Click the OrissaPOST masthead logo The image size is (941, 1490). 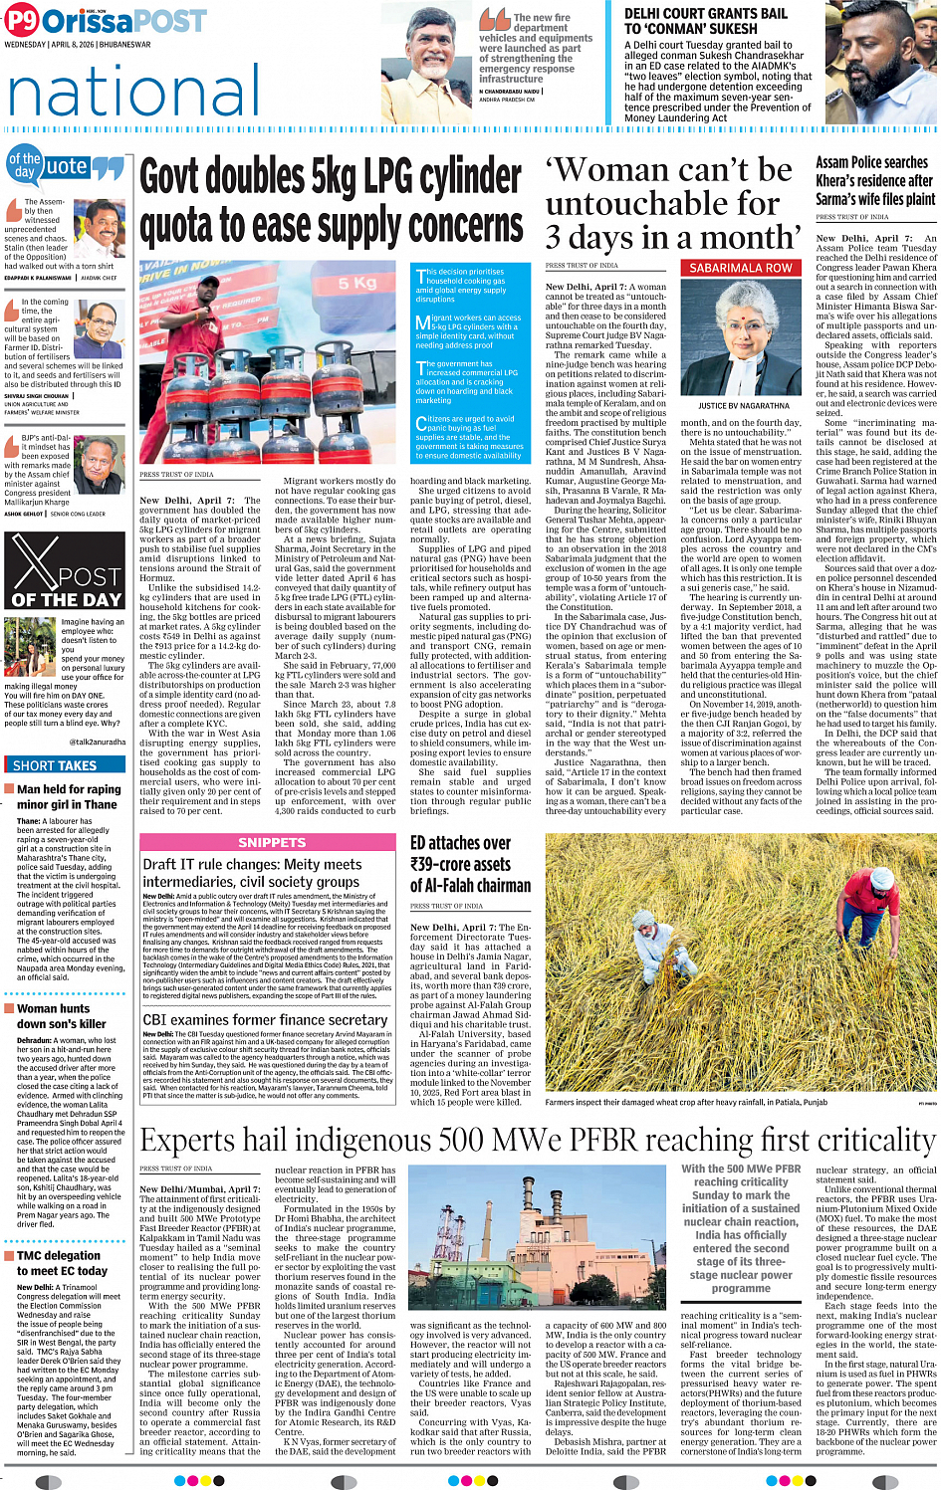click(105, 20)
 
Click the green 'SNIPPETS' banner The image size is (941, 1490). click(271, 842)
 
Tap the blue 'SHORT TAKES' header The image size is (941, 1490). click(55, 765)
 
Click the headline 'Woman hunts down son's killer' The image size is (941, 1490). click(61, 1016)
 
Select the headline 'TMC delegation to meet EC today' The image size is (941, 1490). click(61, 1263)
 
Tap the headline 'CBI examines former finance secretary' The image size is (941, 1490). click(264, 1020)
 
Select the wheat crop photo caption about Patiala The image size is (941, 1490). click(685, 1102)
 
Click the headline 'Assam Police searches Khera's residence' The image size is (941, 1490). click(874, 180)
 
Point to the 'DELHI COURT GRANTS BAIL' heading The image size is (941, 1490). click(705, 14)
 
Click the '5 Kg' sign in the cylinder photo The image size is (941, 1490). click(357, 284)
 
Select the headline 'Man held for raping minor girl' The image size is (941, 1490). click(67, 797)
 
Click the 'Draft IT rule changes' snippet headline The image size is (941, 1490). click(251, 873)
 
